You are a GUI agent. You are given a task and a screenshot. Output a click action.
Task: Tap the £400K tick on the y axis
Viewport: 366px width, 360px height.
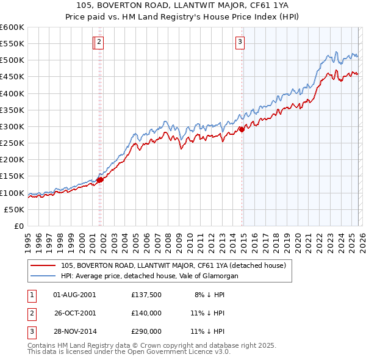coord(12,93)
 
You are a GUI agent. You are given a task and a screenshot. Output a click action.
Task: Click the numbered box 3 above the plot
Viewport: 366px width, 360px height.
coord(240,42)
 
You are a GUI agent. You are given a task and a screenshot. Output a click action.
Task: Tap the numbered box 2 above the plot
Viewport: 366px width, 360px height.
coord(99,42)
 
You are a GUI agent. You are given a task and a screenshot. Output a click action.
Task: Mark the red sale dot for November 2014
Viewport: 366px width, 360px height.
coord(242,129)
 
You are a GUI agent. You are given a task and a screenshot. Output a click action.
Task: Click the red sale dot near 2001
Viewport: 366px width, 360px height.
coord(101,179)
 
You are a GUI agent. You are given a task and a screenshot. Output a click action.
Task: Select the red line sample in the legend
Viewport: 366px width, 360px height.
coord(43,265)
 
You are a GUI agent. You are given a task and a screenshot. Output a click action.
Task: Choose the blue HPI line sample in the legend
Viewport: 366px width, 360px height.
coord(43,276)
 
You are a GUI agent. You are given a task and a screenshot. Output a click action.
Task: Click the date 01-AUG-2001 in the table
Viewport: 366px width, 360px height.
coord(74,294)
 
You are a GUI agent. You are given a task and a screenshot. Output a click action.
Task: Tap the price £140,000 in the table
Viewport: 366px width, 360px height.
coord(146,312)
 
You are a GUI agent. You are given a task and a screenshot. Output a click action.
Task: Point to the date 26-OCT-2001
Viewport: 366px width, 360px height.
coord(74,312)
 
